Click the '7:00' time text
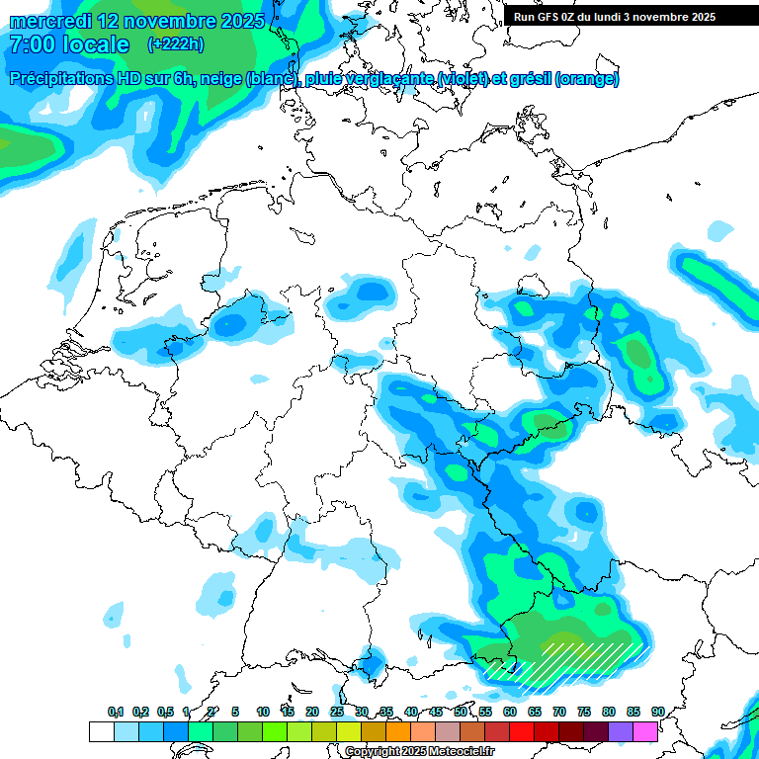point(34,44)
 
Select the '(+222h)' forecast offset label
point(175,44)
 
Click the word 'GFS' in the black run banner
point(553,17)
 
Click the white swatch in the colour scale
point(101,731)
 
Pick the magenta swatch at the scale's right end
point(645,731)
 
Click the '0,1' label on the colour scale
point(116,712)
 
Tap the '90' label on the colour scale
point(657,712)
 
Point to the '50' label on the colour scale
point(461,712)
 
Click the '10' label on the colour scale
point(263,712)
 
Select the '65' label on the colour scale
point(535,712)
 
